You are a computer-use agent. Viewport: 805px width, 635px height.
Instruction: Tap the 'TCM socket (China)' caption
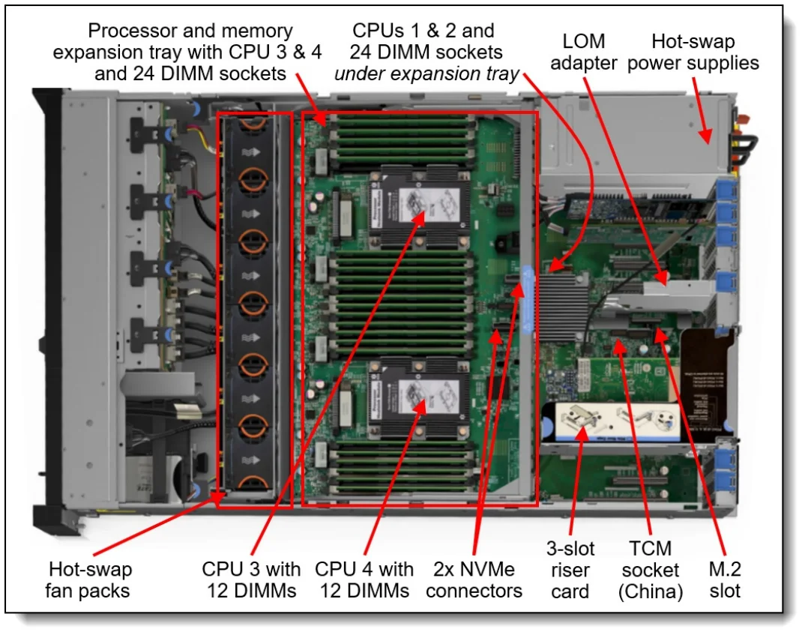pos(650,571)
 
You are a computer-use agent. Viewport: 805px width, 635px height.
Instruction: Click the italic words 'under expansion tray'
pos(426,73)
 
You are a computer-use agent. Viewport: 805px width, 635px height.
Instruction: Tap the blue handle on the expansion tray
pos(528,300)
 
